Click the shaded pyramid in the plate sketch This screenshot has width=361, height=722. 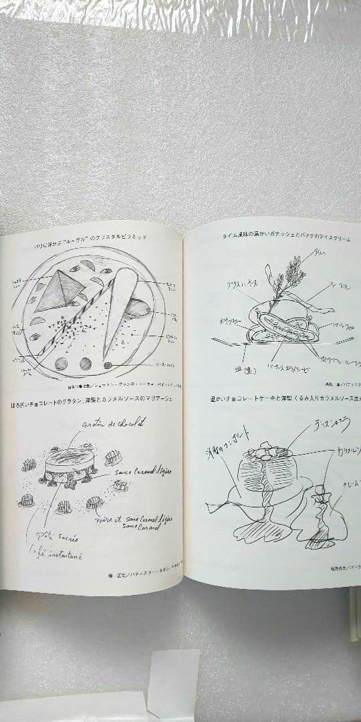(x=59, y=292)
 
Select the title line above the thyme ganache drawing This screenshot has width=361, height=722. (x=287, y=237)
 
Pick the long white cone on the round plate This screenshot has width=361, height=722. (x=121, y=314)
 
